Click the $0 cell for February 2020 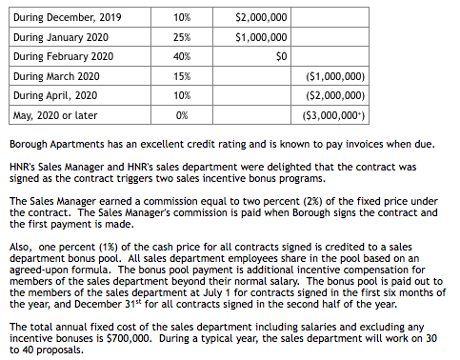coord(280,56)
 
